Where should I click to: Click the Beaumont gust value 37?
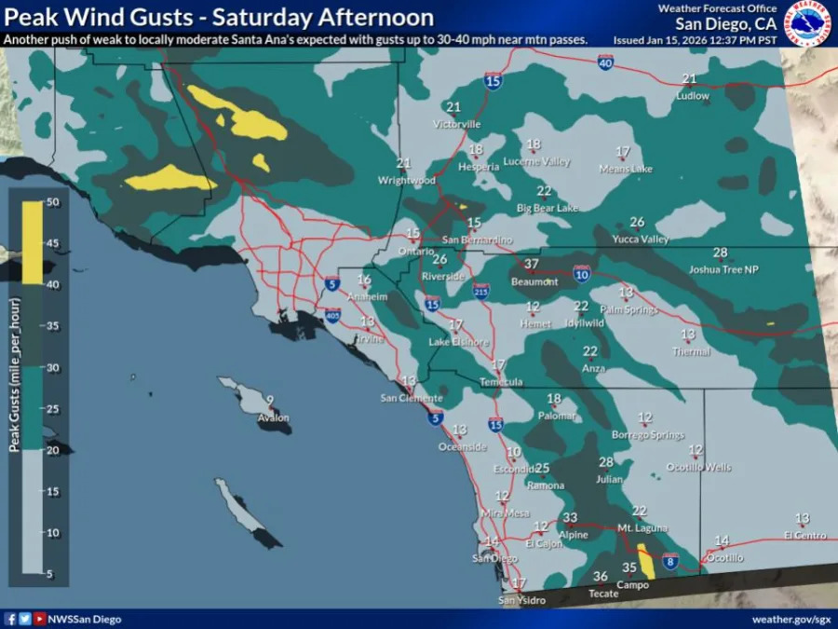pos(531,265)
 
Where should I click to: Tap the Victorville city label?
pos(457,124)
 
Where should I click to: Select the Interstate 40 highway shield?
pos(604,63)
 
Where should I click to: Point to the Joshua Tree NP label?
pos(723,269)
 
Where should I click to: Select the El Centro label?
pos(804,535)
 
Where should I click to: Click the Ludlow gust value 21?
pos(689,79)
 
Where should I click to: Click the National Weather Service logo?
pos(807,23)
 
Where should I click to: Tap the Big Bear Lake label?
pos(547,208)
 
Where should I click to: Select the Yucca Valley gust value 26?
pos(637,222)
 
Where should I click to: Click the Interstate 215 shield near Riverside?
pos(480,290)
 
